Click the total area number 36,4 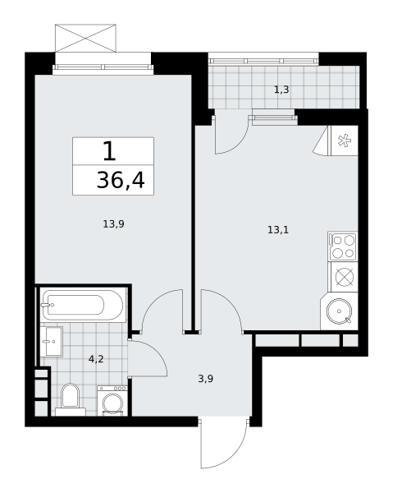(x=121, y=181)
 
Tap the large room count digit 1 (x=110, y=151)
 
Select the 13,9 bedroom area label (x=113, y=224)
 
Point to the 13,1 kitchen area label (x=278, y=230)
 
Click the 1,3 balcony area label (x=281, y=90)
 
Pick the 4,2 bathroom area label (x=96, y=359)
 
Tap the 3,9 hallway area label (x=206, y=379)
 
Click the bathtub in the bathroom (x=83, y=305)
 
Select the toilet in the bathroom (x=71, y=399)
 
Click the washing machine (x=112, y=401)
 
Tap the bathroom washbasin (x=52, y=341)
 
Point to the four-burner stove (x=343, y=246)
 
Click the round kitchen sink (x=340, y=311)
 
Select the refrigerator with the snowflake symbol (x=343, y=141)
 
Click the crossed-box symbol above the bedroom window (x=85, y=38)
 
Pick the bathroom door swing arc (x=157, y=350)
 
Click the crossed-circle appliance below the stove (x=345, y=278)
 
